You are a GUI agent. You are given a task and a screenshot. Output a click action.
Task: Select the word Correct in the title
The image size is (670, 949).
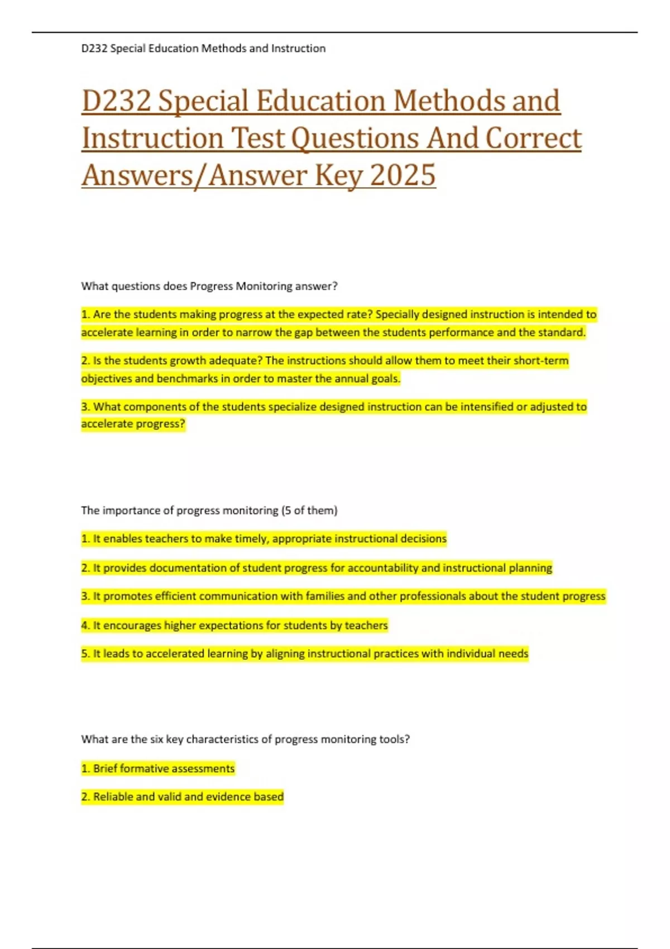click(533, 138)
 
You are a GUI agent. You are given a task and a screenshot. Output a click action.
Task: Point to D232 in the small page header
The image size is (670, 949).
click(94, 49)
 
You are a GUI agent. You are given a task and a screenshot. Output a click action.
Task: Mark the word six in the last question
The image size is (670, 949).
click(156, 739)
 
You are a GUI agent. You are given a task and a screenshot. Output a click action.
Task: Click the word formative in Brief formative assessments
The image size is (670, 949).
click(142, 769)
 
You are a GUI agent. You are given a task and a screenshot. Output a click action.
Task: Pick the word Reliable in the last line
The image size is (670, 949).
click(114, 797)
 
